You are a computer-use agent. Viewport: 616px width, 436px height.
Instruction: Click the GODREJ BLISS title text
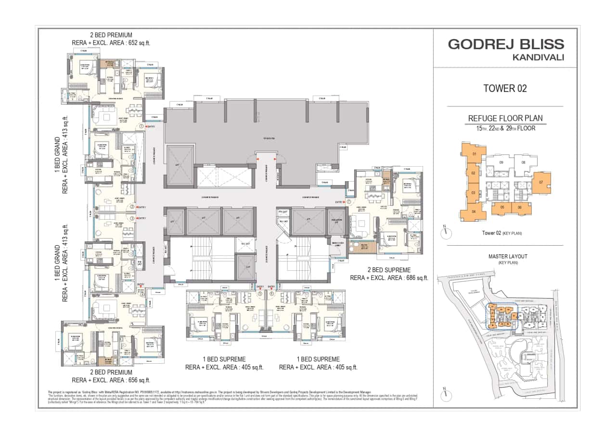pyautogui.click(x=506, y=44)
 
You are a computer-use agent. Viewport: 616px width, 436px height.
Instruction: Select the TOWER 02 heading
pyautogui.click(x=505, y=88)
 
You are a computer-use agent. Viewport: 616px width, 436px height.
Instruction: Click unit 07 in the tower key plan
pyautogui.click(x=541, y=182)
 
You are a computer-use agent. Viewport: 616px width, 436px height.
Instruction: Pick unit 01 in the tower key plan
pyautogui.click(x=474, y=155)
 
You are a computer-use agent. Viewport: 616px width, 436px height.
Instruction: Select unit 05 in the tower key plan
pyautogui.click(x=502, y=207)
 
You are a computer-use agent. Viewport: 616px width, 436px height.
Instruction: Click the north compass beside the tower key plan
pyautogui.click(x=446, y=232)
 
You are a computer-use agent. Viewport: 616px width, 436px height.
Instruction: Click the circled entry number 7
pyautogui.click(x=348, y=202)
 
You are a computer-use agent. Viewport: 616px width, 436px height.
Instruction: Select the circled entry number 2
pyautogui.click(x=132, y=207)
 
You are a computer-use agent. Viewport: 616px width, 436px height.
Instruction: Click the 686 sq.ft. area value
pyautogui.click(x=413, y=277)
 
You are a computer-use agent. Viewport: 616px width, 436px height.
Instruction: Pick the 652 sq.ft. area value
pyautogui.click(x=136, y=43)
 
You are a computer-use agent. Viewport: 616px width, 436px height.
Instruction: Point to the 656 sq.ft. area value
pyautogui.click(x=136, y=380)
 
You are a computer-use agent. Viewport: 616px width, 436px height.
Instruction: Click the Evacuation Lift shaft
pyautogui.click(x=335, y=222)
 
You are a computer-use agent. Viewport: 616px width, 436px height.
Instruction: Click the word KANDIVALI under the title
pyautogui.click(x=535, y=57)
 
